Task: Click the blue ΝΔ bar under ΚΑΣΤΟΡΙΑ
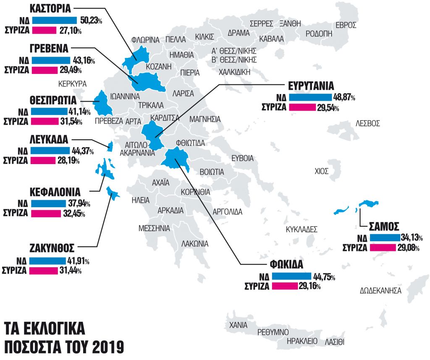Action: [x=54, y=20]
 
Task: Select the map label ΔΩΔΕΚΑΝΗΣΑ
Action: [x=380, y=290]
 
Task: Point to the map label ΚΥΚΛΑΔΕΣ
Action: [x=301, y=230]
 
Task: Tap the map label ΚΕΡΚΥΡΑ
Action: [x=72, y=83]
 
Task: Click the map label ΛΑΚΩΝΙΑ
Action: [x=195, y=243]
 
